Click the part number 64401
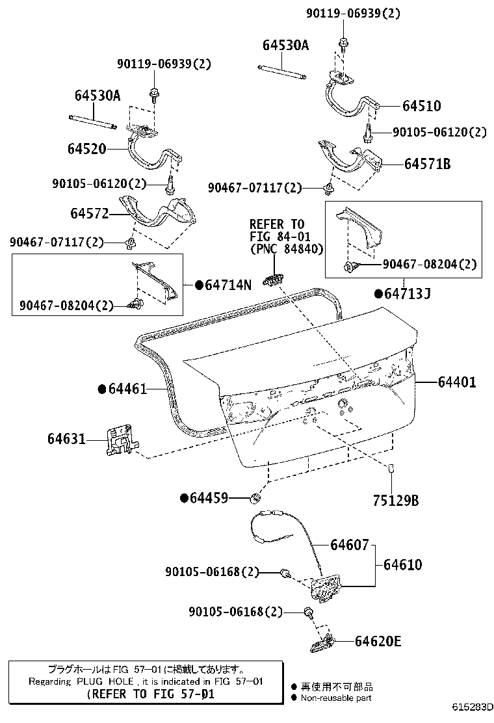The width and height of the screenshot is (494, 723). pyautogui.click(x=456, y=383)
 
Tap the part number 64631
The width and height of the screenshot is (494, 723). pyautogui.click(x=66, y=439)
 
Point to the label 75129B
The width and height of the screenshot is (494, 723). pyautogui.click(x=396, y=500)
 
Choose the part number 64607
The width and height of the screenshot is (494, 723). pyautogui.click(x=349, y=544)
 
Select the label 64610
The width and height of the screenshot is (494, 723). pyautogui.click(x=402, y=564)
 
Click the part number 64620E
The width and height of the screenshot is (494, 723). pyautogui.click(x=378, y=642)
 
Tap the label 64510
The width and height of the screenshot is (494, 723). pyautogui.click(x=421, y=106)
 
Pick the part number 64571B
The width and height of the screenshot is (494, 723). pyautogui.click(x=427, y=164)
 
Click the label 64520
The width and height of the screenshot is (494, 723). pyautogui.click(x=86, y=148)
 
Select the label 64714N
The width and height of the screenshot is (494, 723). pyautogui.click(x=227, y=285)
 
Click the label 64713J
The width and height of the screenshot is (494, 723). pyautogui.click(x=408, y=294)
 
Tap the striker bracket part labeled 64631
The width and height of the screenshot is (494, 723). pyautogui.click(x=120, y=441)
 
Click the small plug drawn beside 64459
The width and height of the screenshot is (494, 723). pyautogui.click(x=255, y=499)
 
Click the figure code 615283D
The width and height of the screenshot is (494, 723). pyautogui.click(x=473, y=706)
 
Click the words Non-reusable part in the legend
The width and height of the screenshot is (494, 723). pyautogui.click(x=336, y=698)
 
